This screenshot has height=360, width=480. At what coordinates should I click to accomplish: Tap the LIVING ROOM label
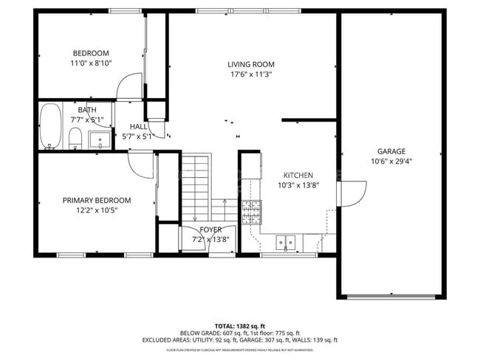[x=251, y=64]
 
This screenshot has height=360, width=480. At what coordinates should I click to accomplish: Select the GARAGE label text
[x=391, y=151]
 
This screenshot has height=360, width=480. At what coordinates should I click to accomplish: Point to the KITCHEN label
[x=298, y=175]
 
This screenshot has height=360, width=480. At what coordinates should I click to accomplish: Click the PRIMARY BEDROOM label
[x=96, y=200]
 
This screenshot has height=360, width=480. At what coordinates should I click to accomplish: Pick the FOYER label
[x=210, y=229]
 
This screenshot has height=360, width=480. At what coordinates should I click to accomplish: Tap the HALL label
[x=137, y=127]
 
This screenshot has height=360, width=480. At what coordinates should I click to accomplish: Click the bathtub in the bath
[x=50, y=126]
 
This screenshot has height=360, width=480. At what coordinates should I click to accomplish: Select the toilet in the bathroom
[x=75, y=137]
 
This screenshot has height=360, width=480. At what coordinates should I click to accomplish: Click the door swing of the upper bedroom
[x=129, y=87]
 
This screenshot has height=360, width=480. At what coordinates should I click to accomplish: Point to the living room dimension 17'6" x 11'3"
[x=251, y=74]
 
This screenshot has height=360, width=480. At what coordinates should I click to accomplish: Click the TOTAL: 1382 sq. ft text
[x=240, y=325]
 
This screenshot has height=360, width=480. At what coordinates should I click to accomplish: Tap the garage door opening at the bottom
[x=391, y=297]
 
